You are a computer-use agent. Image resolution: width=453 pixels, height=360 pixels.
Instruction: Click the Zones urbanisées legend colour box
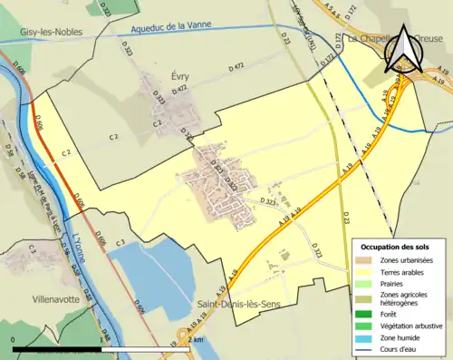click(x=365, y=260)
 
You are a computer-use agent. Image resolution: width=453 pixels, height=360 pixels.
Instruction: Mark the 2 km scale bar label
click(x=199, y=338)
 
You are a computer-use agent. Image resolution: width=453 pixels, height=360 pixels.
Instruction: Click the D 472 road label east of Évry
click(x=237, y=67)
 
